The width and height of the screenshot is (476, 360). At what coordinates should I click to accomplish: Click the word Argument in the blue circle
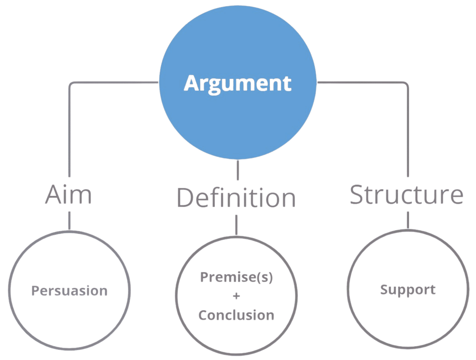point(238,83)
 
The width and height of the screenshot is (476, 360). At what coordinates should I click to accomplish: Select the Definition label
point(236,198)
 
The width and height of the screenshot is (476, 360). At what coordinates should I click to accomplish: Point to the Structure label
point(406,195)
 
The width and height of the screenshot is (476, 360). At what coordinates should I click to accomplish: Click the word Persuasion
point(69,291)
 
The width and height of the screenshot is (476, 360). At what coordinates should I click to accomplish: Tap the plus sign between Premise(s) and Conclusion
point(237,296)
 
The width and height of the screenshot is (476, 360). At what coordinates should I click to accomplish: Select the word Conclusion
point(237,315)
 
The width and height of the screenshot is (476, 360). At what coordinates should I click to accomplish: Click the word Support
point(408,289)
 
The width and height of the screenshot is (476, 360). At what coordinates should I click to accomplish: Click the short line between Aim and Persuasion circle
point(70,220)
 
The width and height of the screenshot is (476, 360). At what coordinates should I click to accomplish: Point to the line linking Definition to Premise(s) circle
point(237,225)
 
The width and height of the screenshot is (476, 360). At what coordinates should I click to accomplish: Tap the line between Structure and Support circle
point(408,220)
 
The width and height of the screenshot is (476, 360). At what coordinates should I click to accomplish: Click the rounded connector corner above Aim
point(71,84)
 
